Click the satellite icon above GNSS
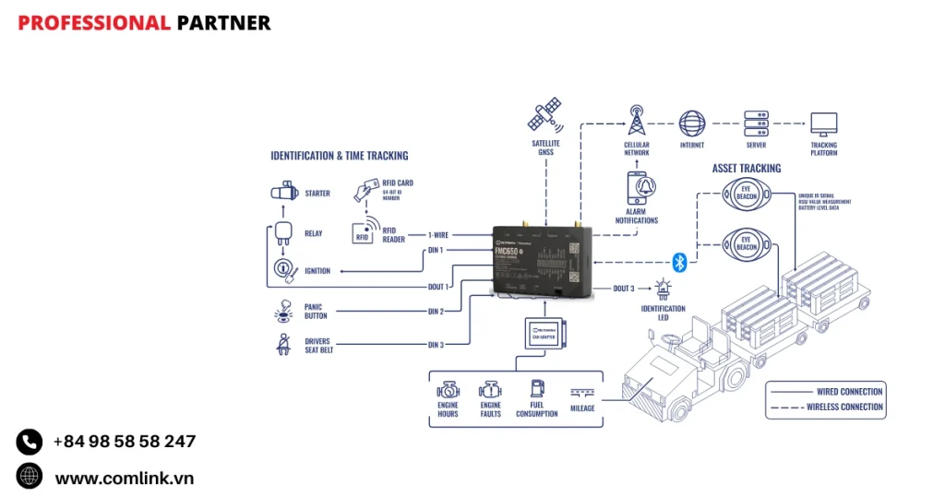click(544, 117)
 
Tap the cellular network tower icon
click(636, 122)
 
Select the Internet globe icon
click(691, 124)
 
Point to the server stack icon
click(757, 124)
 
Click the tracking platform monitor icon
click(823, 124)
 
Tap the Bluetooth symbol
click(679, 263)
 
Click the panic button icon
click(283, 311)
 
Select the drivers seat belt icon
click(283, 344)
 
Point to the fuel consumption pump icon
click(536, 390)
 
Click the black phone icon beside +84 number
click(30, 442)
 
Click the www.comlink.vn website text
click(124, 478)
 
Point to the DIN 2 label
click(437, 312)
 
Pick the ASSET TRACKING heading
click(747, 169)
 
